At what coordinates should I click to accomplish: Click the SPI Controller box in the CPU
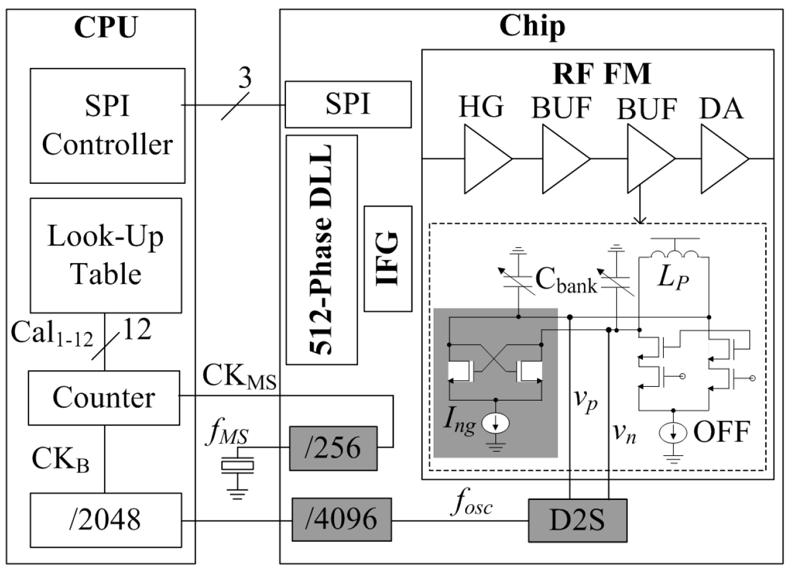(x=108, y=126)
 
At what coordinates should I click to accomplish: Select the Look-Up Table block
(x=106, y=255)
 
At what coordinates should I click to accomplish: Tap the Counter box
(x=104, y=398)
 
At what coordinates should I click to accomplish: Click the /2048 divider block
(x=106, y=520)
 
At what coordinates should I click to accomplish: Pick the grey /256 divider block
(x=333, y=448)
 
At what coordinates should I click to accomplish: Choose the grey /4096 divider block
(x=341, y=520)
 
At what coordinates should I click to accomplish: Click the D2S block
(x=577, y=520)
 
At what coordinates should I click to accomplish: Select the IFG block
(x=388, y=259)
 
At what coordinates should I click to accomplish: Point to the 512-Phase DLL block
(x=322, y=249)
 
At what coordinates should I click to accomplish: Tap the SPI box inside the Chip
(x=348, y=104)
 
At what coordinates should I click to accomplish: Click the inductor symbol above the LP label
(x=673, y=254)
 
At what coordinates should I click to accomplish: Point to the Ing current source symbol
(x=495, y=423)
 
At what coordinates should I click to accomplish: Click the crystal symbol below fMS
(x=237, y=465)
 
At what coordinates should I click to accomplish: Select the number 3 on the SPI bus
(x=244, y=78)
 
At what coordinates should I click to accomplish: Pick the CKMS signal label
(x=240, y=376)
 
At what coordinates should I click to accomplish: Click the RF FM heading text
(x=602, y=74)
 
